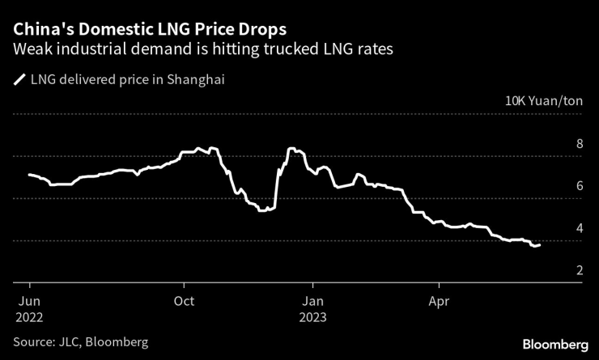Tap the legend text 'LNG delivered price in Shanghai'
[x=127, y=80]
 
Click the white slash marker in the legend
[x=19, y=80]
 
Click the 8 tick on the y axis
[x=579, y=145]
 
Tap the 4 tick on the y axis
[x=579, y=229]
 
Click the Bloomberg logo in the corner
[x=554, y=343]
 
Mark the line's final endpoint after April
[x=540, y=244]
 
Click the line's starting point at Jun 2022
[x=29, y=175]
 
